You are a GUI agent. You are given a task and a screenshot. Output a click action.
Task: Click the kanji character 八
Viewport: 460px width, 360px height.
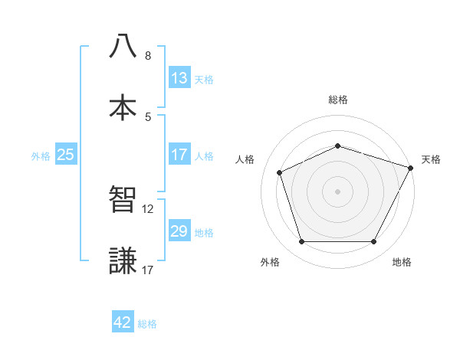click(123, 46)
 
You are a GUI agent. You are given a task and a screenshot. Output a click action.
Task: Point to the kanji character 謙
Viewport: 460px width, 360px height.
click(123, 260)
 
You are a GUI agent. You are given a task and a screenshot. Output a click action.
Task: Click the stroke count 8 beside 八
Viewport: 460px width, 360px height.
click(148, 56)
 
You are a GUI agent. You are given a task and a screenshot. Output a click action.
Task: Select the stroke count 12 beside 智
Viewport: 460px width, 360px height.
click(148, 208)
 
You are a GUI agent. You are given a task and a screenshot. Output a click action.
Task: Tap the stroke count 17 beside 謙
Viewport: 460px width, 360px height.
click(148, 270)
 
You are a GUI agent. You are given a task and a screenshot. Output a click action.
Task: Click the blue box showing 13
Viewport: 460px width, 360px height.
click(179, 78)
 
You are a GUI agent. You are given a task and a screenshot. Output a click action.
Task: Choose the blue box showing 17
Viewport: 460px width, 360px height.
click(179, 155)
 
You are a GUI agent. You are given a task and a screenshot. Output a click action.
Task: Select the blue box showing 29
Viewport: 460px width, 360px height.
click(179, 231)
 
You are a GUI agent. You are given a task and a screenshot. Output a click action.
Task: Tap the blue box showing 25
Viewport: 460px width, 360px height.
click(66, 155)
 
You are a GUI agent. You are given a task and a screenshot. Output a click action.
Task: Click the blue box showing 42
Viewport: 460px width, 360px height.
click(123, 323)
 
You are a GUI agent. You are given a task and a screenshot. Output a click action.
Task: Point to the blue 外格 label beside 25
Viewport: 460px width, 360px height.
click(41, 155)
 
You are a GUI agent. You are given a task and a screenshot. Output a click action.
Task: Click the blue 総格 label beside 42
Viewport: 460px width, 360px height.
click(148, 324)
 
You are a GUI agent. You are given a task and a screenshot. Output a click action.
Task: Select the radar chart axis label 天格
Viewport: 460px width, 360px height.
click(431, 159)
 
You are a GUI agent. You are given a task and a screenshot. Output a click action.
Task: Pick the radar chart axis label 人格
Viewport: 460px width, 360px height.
click(245, 159)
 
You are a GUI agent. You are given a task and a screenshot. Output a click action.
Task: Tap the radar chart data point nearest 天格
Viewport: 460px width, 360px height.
click(412, 167)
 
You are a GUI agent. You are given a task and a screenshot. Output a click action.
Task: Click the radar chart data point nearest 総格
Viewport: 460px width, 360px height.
click(337, 146)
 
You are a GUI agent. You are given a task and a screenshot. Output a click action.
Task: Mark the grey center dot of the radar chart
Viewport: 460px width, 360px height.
click(337, 191)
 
